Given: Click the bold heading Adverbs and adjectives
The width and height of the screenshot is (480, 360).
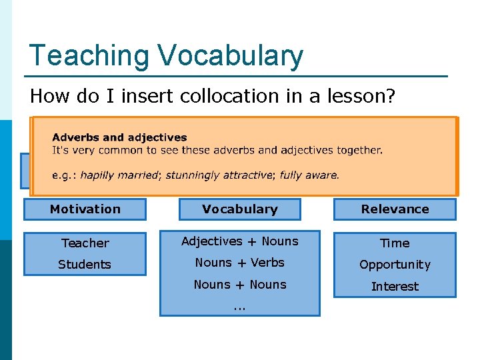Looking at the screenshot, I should [x=119, y=137].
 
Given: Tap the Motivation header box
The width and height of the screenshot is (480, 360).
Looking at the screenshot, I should [x=85, y=209].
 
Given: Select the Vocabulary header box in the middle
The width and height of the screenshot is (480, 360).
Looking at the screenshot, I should [x=239, y=209].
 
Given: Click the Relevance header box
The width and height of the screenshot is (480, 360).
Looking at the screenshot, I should [x=395, y=209].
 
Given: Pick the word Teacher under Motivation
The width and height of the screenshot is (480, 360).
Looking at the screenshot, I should [x=85, y=243].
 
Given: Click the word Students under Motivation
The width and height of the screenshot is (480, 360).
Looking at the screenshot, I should [x=85, y=265].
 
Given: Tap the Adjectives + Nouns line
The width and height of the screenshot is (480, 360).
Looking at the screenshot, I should [x=239, y=241].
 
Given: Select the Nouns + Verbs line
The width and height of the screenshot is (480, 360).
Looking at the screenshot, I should [x=239, y=263].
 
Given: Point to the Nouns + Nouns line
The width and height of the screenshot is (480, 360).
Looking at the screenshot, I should [x=239, y=285].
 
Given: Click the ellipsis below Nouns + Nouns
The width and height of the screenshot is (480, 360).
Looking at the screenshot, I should [x=239, y=307].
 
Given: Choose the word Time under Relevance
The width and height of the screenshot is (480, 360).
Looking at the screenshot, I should [x=395, y=243].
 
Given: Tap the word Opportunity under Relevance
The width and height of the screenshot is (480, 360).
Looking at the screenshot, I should [x=395, y=265].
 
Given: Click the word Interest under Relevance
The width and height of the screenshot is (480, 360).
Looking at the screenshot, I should [x=395, y=287].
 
